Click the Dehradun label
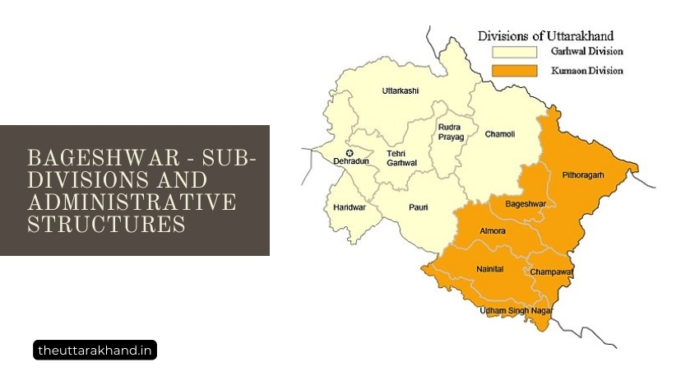pyautogui.click(x=350, y=162)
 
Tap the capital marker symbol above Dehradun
pyautogui.click(x=350, y=153)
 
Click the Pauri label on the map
pyautogui.click(x=419, y=207)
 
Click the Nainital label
pyautogui.click(x=489, y=269)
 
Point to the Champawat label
pyautogui.click(x=551, y=272)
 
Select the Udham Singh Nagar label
pyautogui.click(x=516, y=310)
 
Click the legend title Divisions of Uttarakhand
pyautogui.click(x=546, y=35)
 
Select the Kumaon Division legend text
pyautogui.click(x=586, y=71)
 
